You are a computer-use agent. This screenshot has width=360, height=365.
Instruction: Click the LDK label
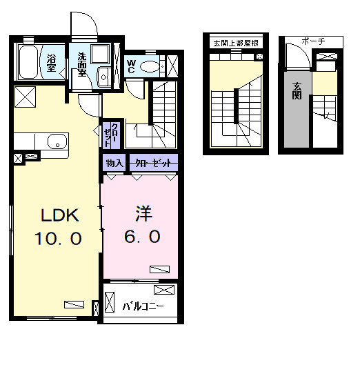click(60, 215)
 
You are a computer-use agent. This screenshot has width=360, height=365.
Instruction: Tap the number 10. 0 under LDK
click(58, 238)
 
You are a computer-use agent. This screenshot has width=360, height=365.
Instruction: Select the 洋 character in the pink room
click(143, 213)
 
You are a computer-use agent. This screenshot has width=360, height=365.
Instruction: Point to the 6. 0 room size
click(142, 237)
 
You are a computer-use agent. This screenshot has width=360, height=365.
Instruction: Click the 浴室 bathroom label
click(51, 63)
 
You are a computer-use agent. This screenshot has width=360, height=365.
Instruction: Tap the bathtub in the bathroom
click(28, 62)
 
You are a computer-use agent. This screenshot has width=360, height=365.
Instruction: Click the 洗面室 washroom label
click(82, 64)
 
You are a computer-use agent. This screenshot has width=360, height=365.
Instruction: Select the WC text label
click(131, 66)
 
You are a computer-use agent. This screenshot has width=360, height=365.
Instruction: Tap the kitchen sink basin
click(57, 141)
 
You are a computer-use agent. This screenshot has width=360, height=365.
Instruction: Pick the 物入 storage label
click(114, 163)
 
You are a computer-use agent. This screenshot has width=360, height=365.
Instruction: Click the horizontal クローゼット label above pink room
click(153, 163)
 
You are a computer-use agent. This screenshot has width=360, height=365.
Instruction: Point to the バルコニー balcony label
click(143, 306)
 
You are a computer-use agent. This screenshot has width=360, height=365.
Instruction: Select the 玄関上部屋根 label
click(236, 43)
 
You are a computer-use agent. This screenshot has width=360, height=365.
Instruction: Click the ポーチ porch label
click(313, 41)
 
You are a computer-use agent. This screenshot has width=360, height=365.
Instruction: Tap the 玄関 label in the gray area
click(297, 91)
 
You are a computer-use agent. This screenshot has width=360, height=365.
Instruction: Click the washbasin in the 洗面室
click(103, 77)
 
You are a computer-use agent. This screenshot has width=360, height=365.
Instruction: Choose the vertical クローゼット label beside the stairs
click(111, 135)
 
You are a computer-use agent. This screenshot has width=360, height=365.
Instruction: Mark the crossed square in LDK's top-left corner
click(25, 97)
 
